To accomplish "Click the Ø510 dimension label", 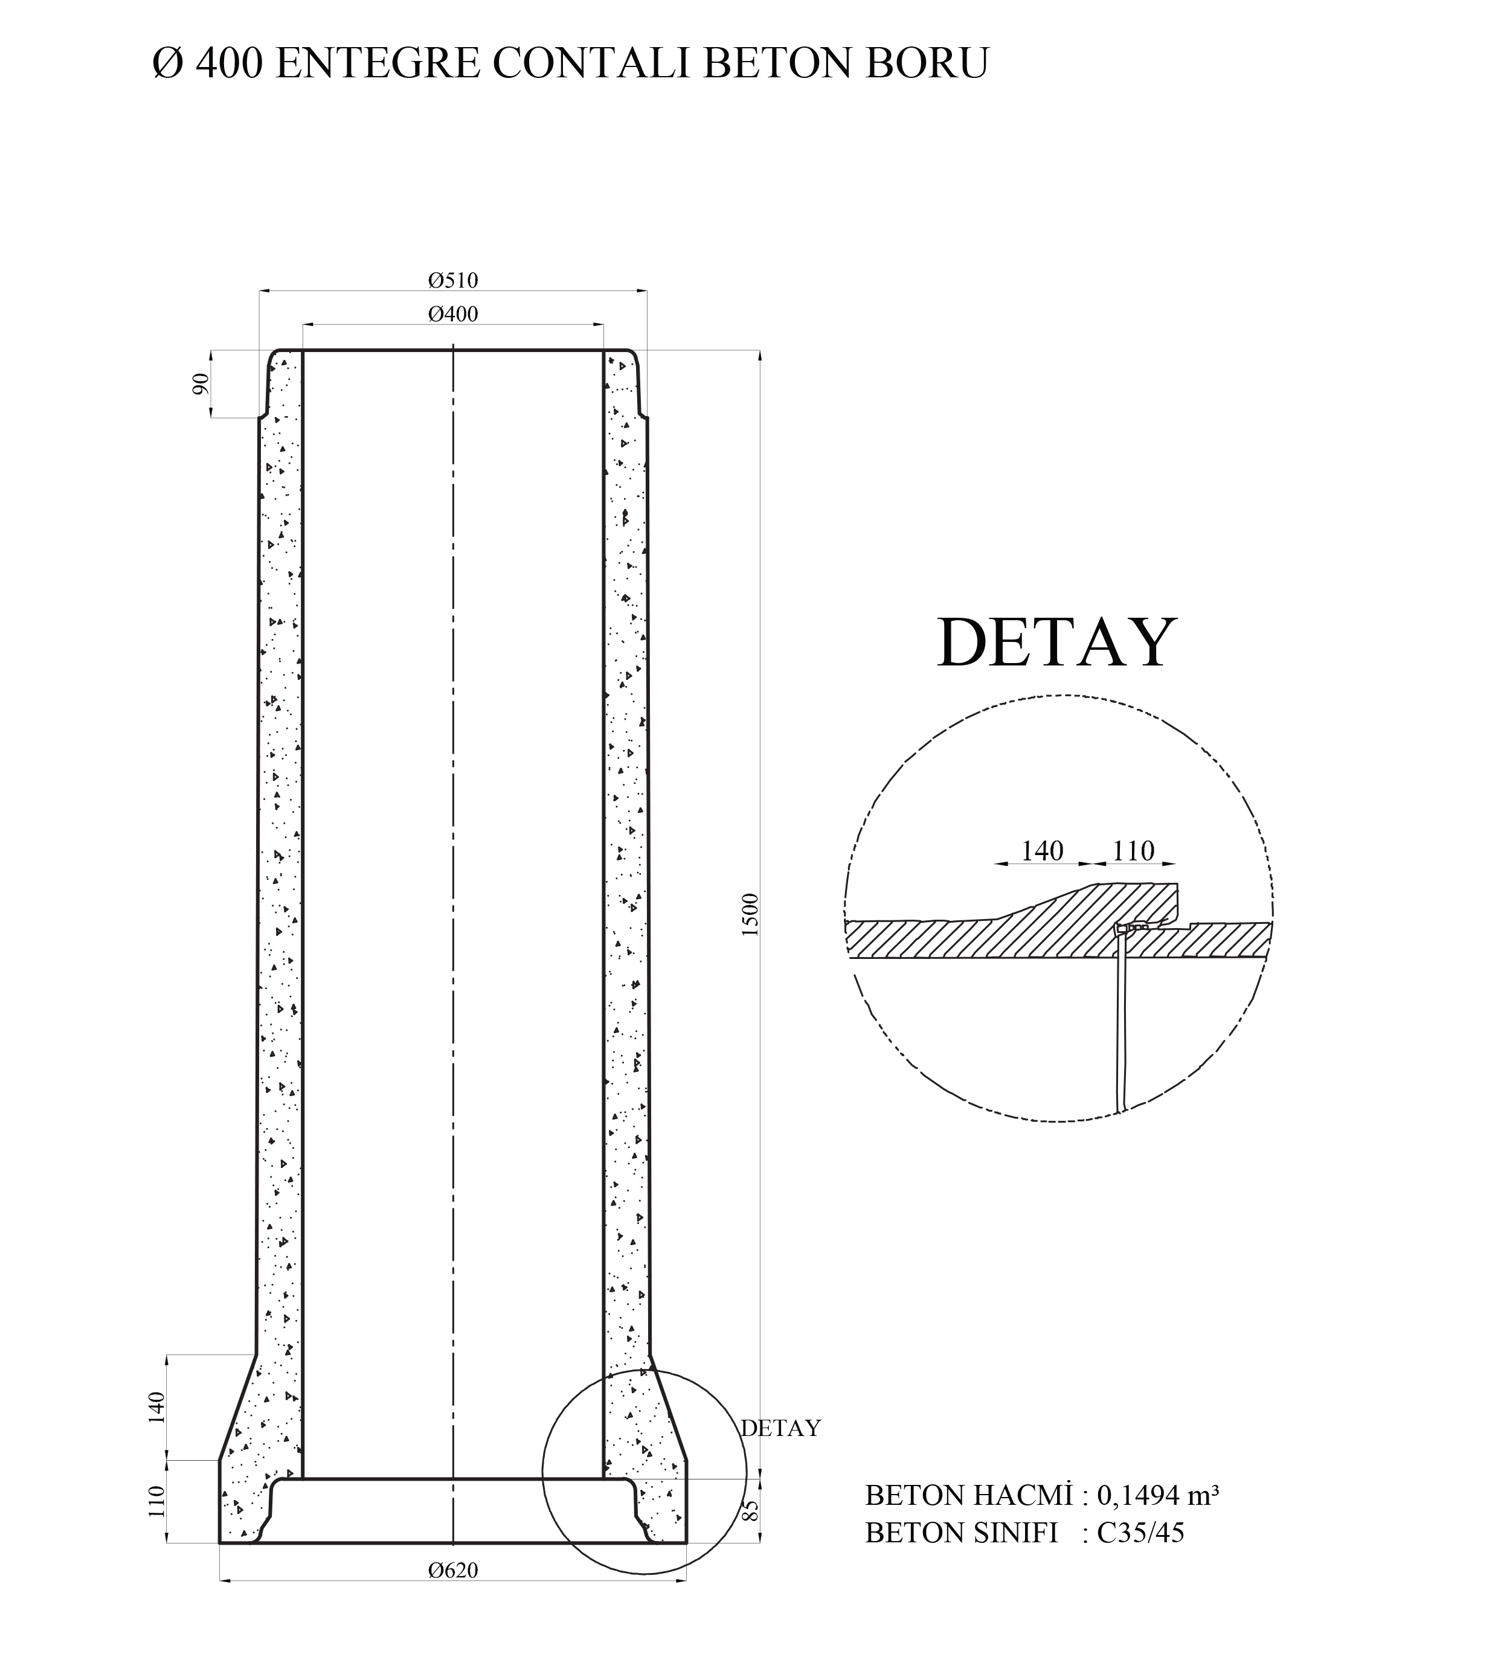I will tap(452, 281).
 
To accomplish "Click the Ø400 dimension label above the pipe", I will tap(452, 314).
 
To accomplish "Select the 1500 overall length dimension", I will tap(750, 915).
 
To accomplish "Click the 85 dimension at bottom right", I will tap(750, 1510).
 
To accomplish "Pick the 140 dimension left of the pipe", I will tap(157, 1407).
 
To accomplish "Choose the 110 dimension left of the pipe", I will tap(157, 1501).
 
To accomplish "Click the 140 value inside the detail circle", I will tap(1041, 851).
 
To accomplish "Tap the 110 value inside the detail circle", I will tap(1133, 851).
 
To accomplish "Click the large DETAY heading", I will tap(1056, 643).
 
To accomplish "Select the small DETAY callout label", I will tap(780, 1428).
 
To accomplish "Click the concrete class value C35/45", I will tap(1140, 1533).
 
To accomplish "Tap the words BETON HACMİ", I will tap(969, 1496).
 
